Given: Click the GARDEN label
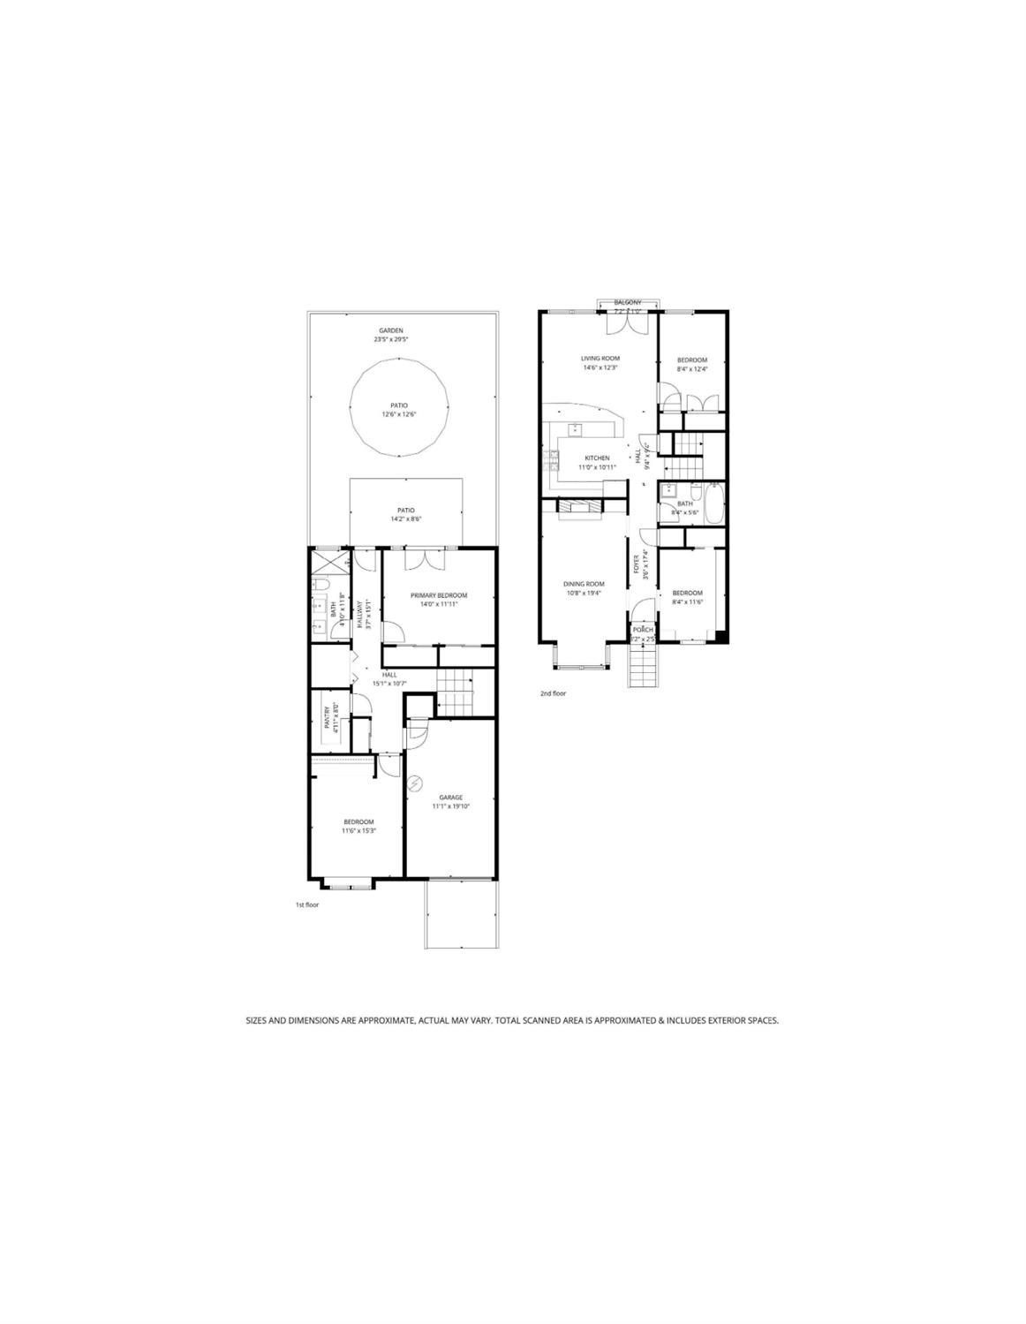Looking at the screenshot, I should (388, 330).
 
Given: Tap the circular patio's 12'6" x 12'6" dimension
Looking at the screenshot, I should (398, 414).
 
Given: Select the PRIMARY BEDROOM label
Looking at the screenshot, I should (439, 595).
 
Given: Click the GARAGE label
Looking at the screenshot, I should (450, 798).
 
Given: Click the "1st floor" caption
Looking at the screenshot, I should (307, 905).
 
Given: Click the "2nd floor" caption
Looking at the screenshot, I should (553, 693).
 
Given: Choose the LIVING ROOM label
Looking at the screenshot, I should (600, 359).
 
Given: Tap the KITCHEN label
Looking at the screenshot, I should (597, 458).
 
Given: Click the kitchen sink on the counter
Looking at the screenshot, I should (575, 429).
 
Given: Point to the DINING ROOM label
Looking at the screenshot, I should (584, 584).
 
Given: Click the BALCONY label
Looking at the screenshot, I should (628, 303).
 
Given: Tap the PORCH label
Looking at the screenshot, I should (643, 630).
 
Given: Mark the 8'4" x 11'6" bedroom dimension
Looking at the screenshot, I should (687, 602).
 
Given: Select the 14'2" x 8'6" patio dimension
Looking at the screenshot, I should (406, 519).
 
